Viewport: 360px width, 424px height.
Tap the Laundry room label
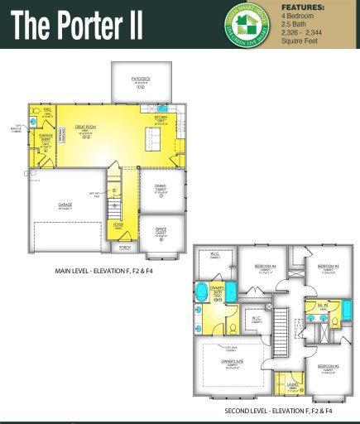coord(293,384)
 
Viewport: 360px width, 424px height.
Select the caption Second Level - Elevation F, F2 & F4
coord(278,411)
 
